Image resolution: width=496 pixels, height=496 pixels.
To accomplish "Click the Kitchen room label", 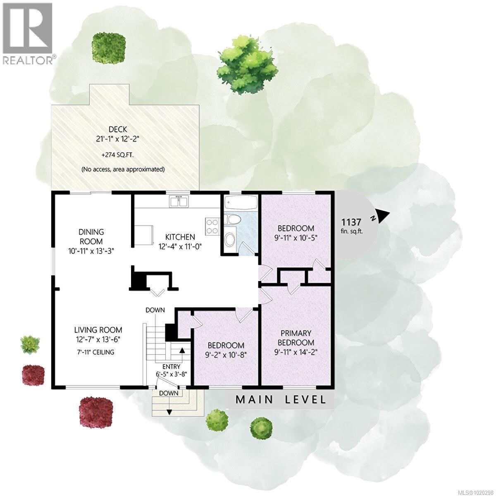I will click(x=180, y=237).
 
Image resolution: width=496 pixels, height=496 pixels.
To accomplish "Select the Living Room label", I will click(x=98, y=330).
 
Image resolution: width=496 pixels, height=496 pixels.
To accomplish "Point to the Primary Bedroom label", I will click(x=296, y=338).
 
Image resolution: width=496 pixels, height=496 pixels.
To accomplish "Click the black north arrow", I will click(x=382, y=215).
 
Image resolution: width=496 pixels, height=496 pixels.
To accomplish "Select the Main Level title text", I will click(x=281, y=400).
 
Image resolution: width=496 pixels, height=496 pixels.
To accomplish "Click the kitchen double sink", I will click(x=179, y=202).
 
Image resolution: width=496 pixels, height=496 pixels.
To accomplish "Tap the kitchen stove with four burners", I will click(x=212, y=226).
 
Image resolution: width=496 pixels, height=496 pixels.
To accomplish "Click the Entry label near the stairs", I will click(x=171, y=366).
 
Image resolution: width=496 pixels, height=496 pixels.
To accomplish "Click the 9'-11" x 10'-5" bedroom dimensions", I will click(x=296, y=238).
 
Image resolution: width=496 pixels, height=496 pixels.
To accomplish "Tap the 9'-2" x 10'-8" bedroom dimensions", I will click(x=226, y=354).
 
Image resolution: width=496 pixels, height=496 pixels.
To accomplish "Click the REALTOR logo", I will click(x=28, y=33).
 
